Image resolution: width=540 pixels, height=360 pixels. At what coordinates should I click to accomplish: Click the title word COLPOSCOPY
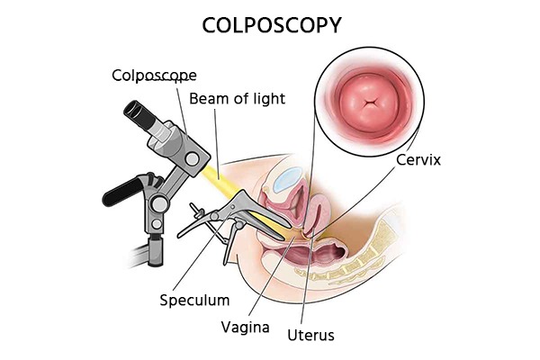point(269,24)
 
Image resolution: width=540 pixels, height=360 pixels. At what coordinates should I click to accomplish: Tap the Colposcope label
point(154,75)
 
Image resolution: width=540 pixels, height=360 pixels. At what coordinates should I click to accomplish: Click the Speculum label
point(194,300)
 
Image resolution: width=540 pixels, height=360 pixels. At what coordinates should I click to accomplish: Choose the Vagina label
point(245,327)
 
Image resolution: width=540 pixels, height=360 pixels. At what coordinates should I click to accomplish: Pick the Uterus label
point(311,336)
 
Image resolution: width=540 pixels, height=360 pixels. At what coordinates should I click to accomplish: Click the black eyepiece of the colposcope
point(138,112)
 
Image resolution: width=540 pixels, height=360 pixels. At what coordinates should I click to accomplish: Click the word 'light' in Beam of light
point(267,97)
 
